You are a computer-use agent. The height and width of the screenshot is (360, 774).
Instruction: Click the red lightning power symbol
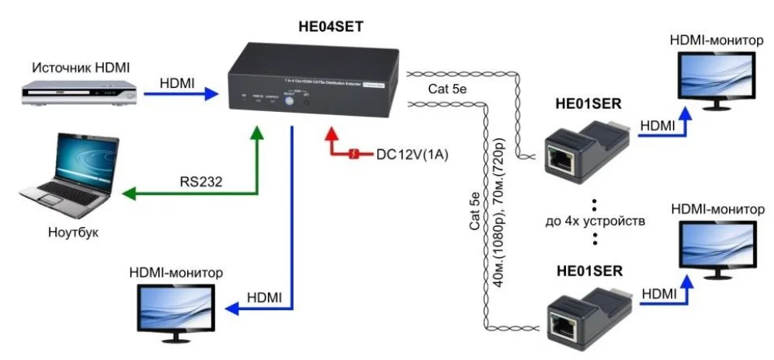[354, 154]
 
